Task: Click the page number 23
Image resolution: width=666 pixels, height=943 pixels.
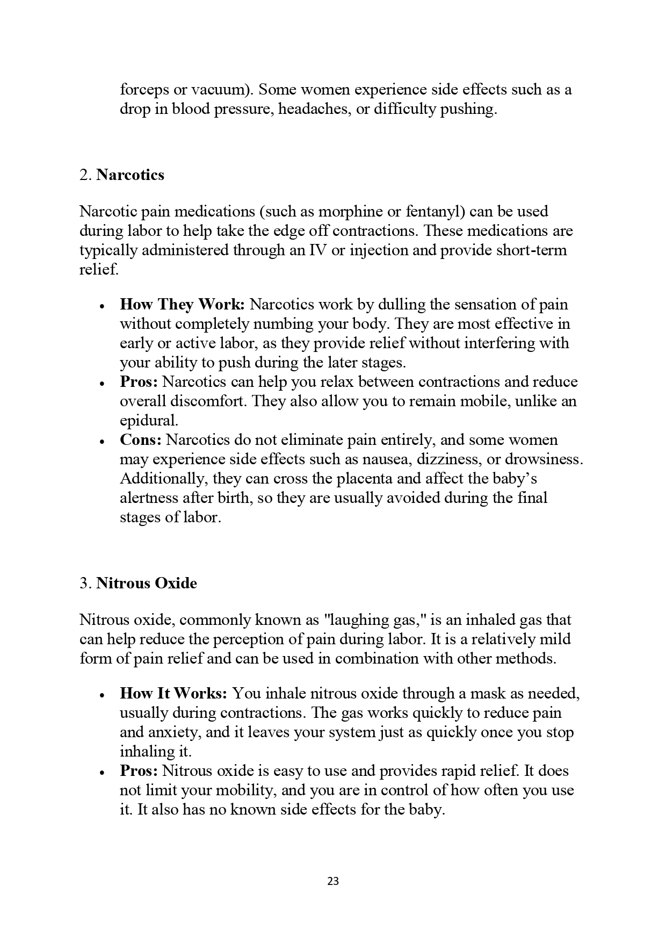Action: (332, 881)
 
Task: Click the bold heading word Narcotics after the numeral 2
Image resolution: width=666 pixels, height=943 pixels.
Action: (131, 175)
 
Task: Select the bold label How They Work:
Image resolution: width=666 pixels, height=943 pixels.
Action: (182, 304)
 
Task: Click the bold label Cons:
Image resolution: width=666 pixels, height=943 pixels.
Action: (140, 440)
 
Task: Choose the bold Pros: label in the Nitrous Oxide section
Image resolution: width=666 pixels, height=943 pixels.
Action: (139, 771)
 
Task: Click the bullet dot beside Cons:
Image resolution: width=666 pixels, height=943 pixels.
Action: (102, 441)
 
